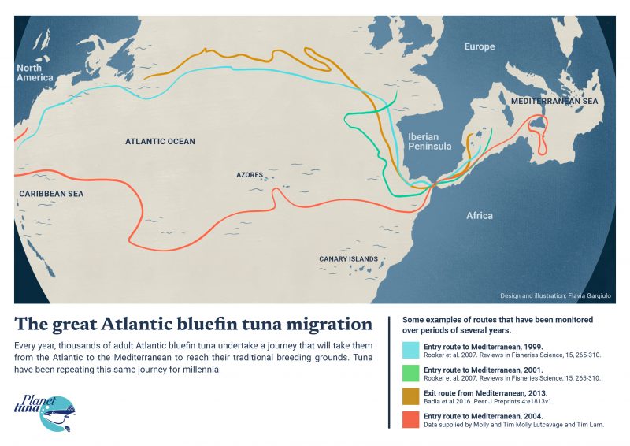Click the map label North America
pyautogui.click(x=35, y=72)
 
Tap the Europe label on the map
pyautogui.click(x=479, y=47)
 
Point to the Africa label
pyautogui.click(x=479, y=215)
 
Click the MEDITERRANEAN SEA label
pyautogui.click(x=554, y=102)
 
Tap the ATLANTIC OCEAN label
pyautogui.click(x=160, y=142)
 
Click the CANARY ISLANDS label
pyautogui.click(x=348, y=258)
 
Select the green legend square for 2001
pyautogui.click(x=411, y=374)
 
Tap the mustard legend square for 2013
pyautogui.click(x=411, y=396)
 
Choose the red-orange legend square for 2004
pyautogui.click(x=411, y=420)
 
